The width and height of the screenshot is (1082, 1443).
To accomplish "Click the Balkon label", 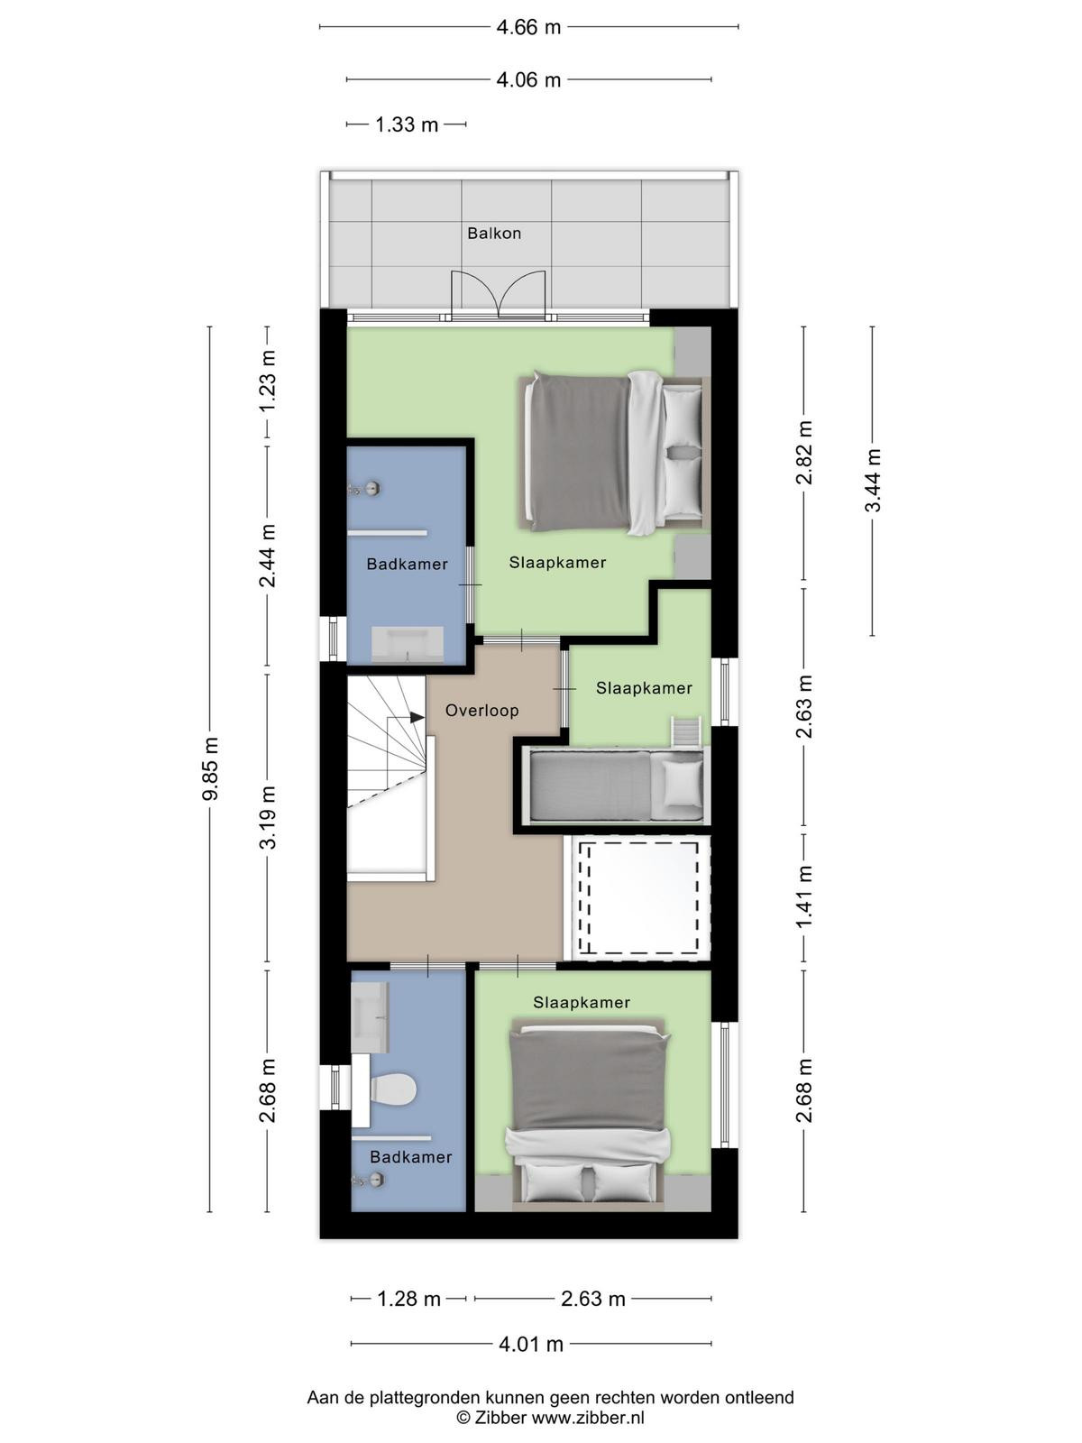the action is click(x=494, y=234).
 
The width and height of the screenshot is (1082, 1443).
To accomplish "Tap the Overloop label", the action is click(x=482, y=711).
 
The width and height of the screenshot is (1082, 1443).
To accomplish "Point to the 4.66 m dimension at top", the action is click(x=529, y=27).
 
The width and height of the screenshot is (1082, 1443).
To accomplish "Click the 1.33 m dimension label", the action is click(x=407, y=124).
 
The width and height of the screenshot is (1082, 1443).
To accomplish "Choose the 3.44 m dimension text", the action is click(x=873, y=480).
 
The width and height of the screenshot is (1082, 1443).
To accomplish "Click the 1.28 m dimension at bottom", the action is click(x=408, y=1299).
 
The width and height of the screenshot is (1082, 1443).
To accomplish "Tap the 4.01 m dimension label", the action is click(x=531, y=1345).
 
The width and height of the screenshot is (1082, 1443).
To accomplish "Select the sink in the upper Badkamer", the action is click(x=408, y=644).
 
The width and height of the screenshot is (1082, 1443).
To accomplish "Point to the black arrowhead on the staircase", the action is click(x=417, y=717).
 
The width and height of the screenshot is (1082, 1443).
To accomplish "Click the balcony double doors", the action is click(x=499, y=295).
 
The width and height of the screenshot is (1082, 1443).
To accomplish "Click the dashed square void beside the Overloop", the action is click(x=637, y=898).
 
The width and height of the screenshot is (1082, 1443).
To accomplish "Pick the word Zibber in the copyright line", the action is click(x=500, y=1418).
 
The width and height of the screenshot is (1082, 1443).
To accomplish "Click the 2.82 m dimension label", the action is click(x=804, y=453).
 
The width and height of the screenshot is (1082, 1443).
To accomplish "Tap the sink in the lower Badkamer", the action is click(x=371, y=1017).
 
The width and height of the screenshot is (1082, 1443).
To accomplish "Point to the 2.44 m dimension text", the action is click(x=268, y=556).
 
